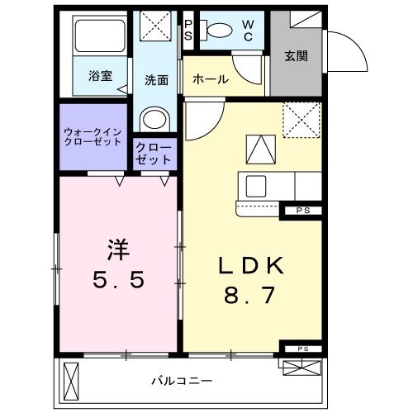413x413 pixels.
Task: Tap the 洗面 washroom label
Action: (157, 80)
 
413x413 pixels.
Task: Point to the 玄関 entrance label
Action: (296, 56)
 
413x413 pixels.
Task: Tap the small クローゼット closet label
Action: (154, 153)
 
